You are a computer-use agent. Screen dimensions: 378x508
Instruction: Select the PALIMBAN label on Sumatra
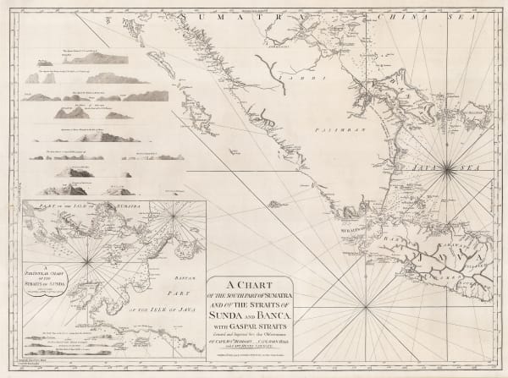click(x=329, y=132)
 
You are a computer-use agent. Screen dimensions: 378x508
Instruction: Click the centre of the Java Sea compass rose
click(x=447, y=171)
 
